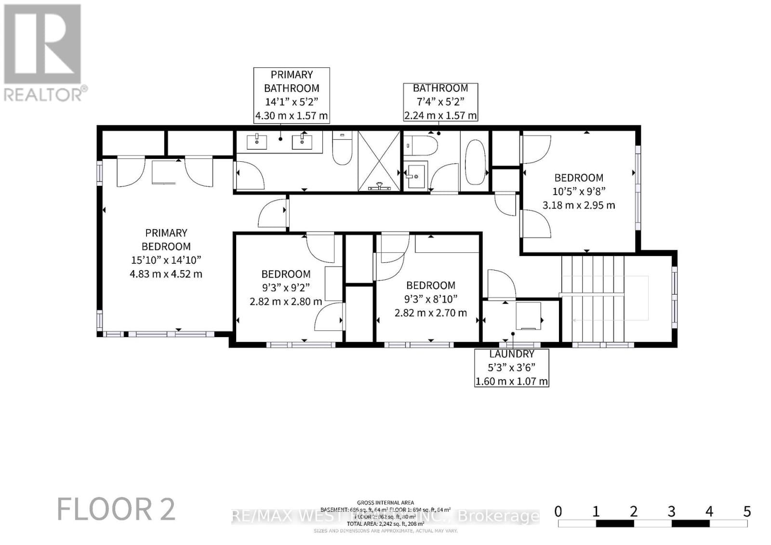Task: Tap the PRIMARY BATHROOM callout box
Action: point(292,95)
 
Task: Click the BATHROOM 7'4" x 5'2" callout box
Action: point(440,102)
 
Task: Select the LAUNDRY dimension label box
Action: point(512,367)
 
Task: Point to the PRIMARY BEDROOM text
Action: point(166,240)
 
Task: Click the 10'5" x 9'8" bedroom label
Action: point(579,191)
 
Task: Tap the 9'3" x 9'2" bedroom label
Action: point(286,288)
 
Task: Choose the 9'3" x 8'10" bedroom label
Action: point(431,299)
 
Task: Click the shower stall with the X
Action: point(379,161)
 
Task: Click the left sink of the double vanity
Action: point(257,142)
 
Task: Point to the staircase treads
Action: point(593,298)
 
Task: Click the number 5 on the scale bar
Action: point(747,511)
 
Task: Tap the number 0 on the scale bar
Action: point(558,511)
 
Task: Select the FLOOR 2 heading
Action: point(116,509)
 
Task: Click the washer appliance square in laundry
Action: point(529,316)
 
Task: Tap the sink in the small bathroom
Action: point(415,176)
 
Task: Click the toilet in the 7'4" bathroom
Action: point(421,144)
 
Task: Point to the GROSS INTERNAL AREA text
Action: point(385,503)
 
